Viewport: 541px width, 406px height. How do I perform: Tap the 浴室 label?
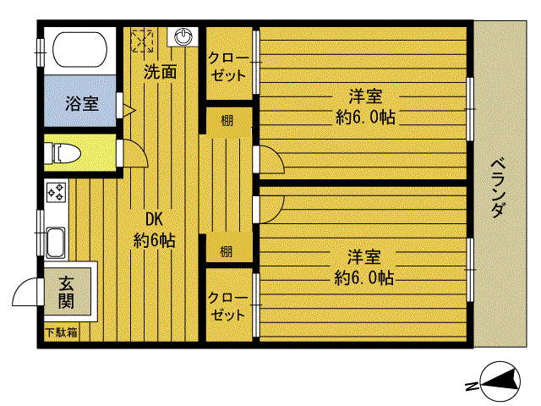82,104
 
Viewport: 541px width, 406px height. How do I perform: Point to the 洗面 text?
160,72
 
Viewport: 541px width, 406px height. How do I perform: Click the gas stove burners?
57,192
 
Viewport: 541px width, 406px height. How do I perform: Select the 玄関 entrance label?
66,292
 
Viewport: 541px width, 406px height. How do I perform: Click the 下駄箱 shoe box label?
61,332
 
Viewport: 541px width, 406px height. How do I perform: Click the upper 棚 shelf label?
227,120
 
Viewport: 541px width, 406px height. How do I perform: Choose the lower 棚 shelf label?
227,250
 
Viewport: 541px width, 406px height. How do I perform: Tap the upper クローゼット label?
228,66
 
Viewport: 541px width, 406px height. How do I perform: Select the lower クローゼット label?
228,306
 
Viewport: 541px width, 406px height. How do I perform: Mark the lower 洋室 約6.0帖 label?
363,266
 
